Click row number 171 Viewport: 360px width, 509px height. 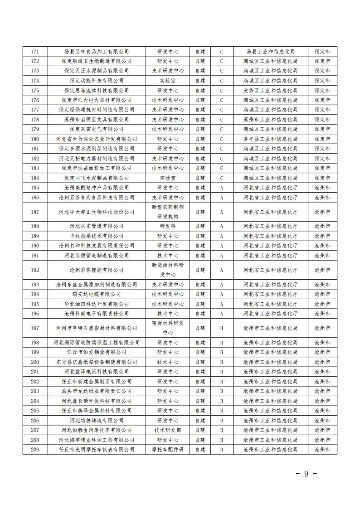(x=35, y=51)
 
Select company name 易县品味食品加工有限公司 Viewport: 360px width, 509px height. (x=97, y=51)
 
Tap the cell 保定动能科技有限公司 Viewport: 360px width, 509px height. (x=97, y=80)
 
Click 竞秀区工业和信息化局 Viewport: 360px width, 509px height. (x=270, y=90)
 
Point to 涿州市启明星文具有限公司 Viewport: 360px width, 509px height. (x=97, y=119)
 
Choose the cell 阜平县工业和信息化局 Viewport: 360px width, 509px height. (x=270, y=139)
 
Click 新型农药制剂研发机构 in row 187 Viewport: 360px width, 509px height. (x=168, y=211)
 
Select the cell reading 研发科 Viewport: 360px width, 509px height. (x=168, y=226)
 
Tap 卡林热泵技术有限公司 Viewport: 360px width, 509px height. (x=97, y=236)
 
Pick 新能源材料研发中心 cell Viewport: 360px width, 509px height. (x=168, y=270)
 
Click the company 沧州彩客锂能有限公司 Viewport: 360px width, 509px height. (x=97, y=270)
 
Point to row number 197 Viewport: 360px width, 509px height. (x=35, y=328)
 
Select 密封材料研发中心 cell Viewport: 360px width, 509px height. (x=168, y=328)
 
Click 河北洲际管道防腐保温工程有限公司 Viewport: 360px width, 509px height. (x=97, y=342)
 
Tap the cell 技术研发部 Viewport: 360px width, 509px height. (x=168, y=430)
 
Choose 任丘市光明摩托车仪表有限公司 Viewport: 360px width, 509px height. (x=97, y=449)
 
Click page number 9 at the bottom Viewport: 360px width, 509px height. (x=306, y=474)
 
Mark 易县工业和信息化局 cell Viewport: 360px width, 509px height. (x=270, y=51)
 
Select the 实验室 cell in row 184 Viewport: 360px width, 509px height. (x=168, y=178)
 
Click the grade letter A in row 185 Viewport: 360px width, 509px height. (x=222, y=187)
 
